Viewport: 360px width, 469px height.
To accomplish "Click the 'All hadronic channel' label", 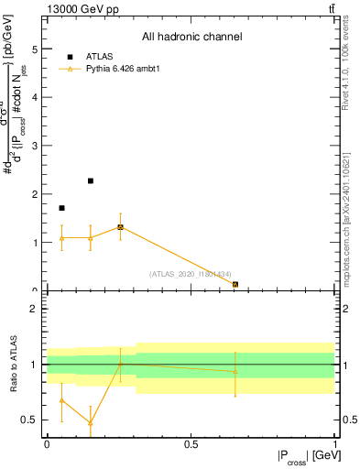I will [x=191, y=38].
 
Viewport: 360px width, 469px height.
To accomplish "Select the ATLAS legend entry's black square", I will [x=67, y=57].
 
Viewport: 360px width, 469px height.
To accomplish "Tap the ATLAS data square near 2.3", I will [x=91, y=181].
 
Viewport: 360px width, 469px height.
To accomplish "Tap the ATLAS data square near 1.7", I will [x=61, y=208].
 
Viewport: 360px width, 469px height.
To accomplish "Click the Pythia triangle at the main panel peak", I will [x=120, y=226].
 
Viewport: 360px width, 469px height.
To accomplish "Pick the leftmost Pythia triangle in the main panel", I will [x=61, y=238].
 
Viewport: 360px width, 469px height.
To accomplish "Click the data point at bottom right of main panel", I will [x=235, y=284].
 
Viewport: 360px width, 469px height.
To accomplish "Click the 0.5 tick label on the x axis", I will [x=191, y=443].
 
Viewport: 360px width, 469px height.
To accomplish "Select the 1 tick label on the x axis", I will [x=334, y=443].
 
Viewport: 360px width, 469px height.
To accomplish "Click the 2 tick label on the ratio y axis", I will [x=35, y=309].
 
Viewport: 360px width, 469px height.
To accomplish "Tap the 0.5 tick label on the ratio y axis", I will [x=31, y=420].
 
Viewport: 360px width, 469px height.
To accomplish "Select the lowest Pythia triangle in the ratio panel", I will [x=91, y=423].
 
